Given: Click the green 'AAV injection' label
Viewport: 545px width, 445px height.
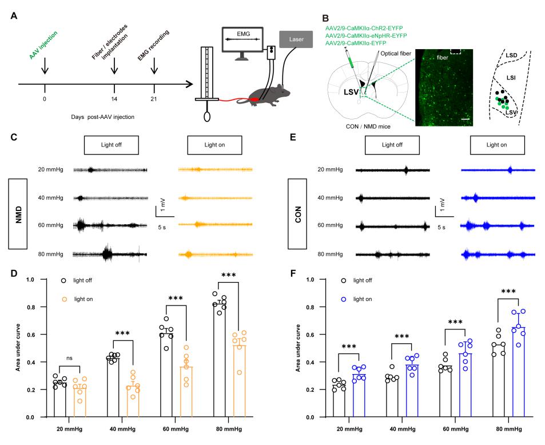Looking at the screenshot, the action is click(x=43, y=45).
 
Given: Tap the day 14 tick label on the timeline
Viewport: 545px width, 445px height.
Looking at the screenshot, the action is click(x=114, y=99).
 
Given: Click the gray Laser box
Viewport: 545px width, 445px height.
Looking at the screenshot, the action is click(x=296, y=39).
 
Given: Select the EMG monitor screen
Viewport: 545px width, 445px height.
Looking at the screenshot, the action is click(x=242, y=39).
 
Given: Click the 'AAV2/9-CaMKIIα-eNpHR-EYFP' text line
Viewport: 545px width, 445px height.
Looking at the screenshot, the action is click(x=365, y=35).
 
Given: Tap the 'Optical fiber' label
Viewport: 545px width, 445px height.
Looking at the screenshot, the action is click(x=396, y=53).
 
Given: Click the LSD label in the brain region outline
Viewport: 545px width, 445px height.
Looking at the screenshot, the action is click(x=511, y=55).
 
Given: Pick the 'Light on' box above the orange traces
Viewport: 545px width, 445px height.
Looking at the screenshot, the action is click(x=214, y=145).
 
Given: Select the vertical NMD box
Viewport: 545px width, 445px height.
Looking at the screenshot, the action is click(x=18, y=214).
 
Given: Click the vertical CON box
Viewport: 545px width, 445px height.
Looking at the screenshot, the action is click(x=297, y=214).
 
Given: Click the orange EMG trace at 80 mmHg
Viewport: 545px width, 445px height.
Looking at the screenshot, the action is click(x=216, y=255).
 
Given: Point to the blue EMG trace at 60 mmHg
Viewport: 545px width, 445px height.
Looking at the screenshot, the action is click(x=498, y=226).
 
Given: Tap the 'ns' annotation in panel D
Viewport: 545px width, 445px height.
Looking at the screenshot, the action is click(x=70, y=357).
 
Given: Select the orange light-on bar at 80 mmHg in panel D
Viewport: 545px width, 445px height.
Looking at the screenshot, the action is click(x=240, y=381).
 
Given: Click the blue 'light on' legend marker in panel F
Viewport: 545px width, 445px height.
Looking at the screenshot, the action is click(x=344, y=299).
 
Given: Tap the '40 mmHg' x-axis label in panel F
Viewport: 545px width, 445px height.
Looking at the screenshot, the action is click(x=403, y=429).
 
